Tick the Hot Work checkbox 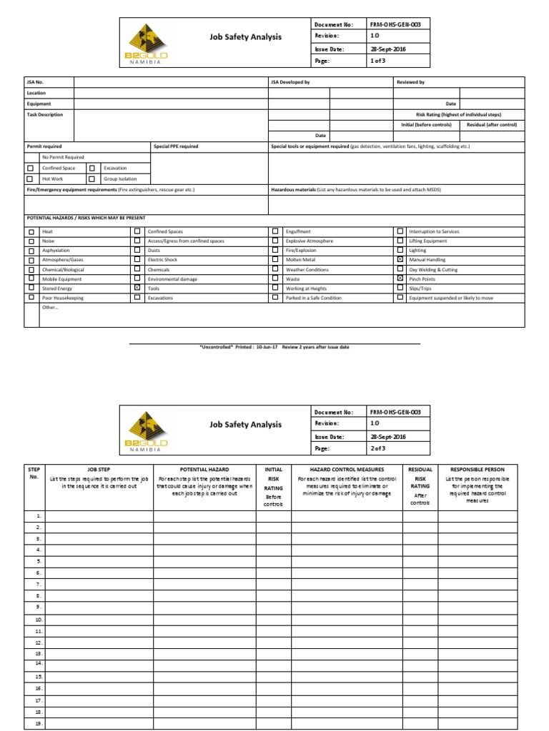(30, 179)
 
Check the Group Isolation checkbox (91, 179)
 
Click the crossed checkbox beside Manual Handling (400, 260)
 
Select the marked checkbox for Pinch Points (400, 278)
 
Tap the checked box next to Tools (137, 288)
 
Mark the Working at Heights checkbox (275, 288)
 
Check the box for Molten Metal (275, 260)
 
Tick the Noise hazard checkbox (31, 241)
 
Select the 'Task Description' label (45, 114)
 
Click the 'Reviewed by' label (410, 83)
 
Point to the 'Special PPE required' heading (176, 146)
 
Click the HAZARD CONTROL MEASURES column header (346, 470)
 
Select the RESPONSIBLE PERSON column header (478, 470)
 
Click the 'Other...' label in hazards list (50, 307)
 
